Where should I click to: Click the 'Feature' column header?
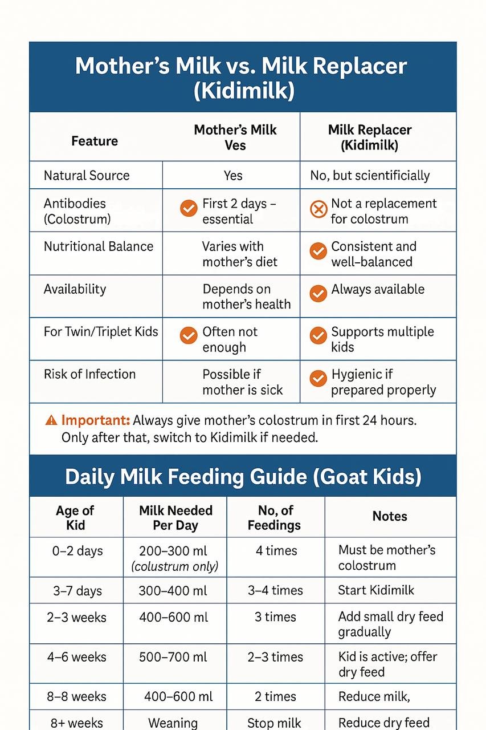click(x=95, y=141)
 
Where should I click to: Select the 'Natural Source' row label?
click(x=87, y=176)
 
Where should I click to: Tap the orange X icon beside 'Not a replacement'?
click(x=318, y=210)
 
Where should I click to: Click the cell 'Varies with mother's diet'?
click(x=240, y=254)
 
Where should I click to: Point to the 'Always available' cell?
click(x=378, y=290)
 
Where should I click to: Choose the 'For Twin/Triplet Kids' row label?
click(x=101, y=332)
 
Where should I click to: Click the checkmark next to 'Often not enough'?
click(x=189, y=335)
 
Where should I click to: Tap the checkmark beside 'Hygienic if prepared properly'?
click(x=318, y=378)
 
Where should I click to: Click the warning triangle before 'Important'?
click(x=51, y=421)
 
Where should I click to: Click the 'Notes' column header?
click(x=390, y=516)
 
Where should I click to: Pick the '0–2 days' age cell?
click(x=77, y=551)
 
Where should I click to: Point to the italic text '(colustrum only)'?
click(x=175, y=566)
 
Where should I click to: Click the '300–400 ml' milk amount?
click(x=173, y=591)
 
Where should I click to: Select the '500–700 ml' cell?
click(x=173, y=657)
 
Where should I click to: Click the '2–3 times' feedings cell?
click(x=275, y=657)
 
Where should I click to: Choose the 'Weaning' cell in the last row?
click(x=173, y=723)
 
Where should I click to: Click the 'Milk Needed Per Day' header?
click(x=175, y=518)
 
